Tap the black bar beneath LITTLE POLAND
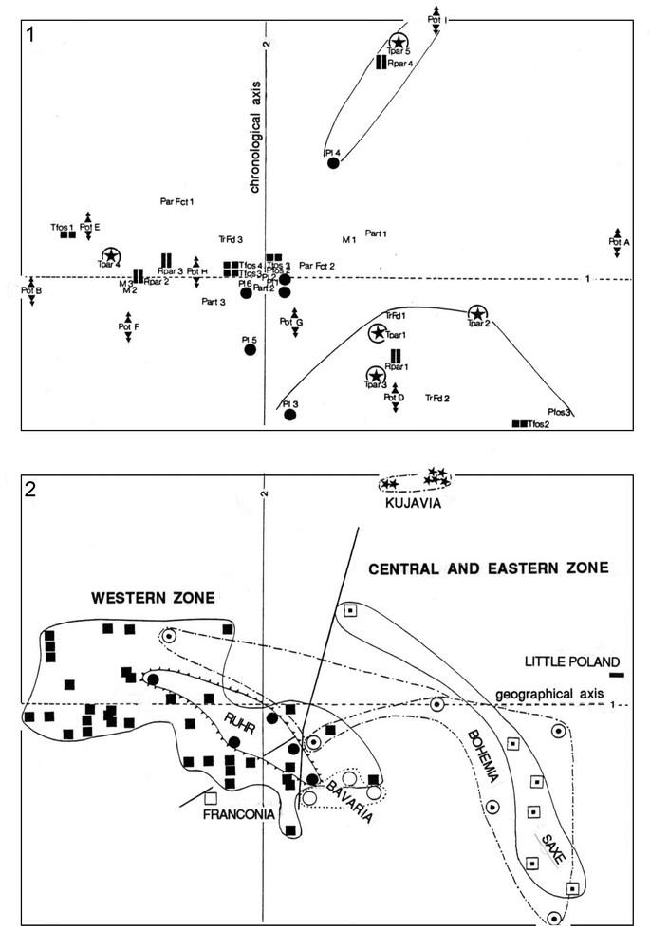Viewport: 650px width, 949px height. (617, 676)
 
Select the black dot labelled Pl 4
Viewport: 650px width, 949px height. (333, 163)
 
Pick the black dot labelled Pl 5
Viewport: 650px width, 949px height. (251, 349)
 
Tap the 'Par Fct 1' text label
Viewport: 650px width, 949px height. (177, 200)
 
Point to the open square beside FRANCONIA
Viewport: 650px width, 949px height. (211, 798)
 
